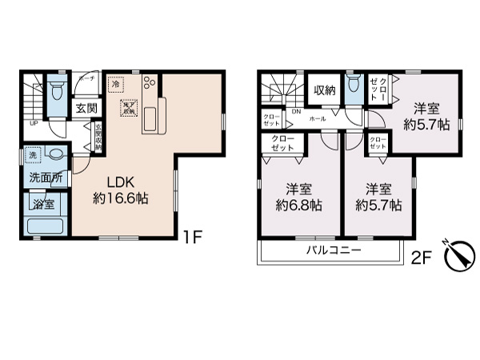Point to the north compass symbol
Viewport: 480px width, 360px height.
[453, 257]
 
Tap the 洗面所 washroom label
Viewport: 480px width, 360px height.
[46, 176]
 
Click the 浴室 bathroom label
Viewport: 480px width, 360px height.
[44, 205]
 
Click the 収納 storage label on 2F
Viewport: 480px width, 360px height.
[323, 90]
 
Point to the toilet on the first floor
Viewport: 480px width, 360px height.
[57, 90]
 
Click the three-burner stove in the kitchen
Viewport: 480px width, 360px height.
[150, 83]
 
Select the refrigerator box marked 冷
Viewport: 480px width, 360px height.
[117, 84]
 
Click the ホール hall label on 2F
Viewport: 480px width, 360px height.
[317, 118]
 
